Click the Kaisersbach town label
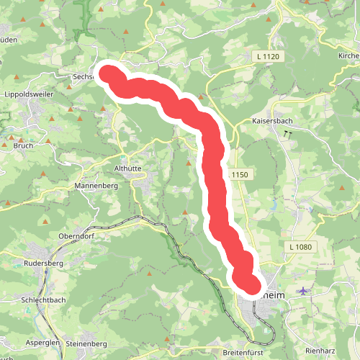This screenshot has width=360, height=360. tap(271, 122)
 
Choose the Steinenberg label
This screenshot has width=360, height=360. tap(86, 345)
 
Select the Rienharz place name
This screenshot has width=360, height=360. tap(321, 350)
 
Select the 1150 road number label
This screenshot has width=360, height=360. tap(240, 175)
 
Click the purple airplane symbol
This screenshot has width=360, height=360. tap(305, 291)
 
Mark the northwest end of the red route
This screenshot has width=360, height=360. tap(109, 73)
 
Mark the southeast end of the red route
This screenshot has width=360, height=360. tap(249, 285)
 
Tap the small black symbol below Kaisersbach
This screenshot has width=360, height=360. tap(289, 134)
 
